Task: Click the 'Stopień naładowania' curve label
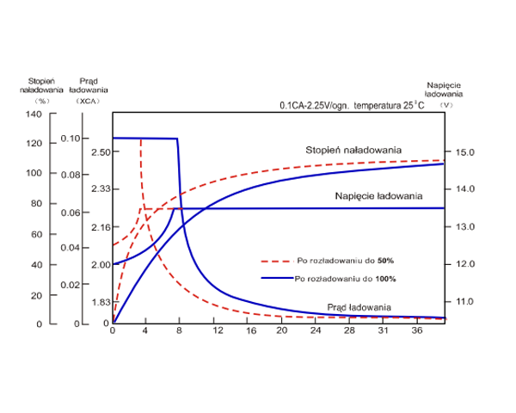pos(353,151)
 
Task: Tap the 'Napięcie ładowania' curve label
pos(378,197)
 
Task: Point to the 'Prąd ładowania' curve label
pos(359,307)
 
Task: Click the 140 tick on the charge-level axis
pos(34,115)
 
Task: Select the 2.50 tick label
pos(101,151)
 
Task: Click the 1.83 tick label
pos(101,302)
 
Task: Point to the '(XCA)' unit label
pos(89,101)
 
